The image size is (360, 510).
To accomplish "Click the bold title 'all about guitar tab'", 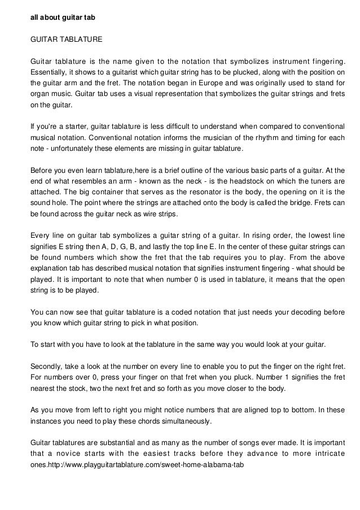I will point(63,18).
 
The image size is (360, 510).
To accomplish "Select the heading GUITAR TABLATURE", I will point(66,40).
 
